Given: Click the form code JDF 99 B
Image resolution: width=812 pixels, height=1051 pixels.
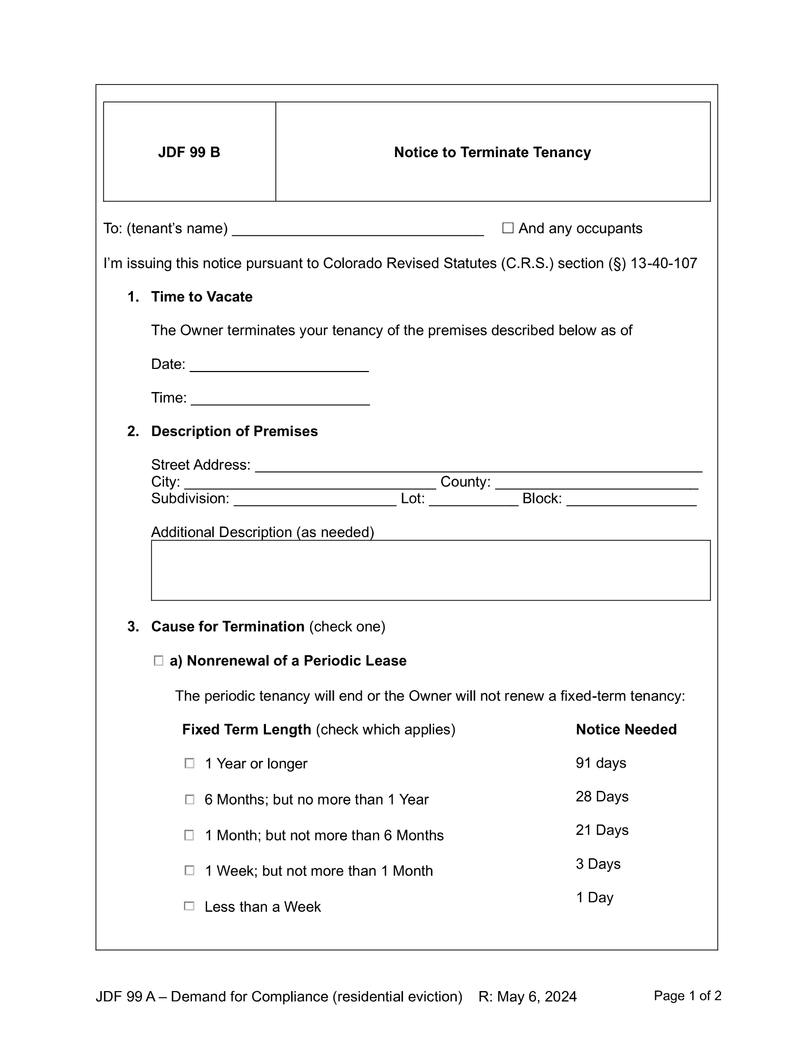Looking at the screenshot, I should (189, 152).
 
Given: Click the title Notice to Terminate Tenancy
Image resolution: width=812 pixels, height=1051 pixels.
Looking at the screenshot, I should (492, 152).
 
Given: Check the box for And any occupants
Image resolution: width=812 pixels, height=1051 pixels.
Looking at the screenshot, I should (507, 228).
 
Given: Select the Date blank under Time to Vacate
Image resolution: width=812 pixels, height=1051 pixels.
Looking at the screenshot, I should (279, 366).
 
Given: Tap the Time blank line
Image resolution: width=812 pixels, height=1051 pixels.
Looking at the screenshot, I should (280, 400).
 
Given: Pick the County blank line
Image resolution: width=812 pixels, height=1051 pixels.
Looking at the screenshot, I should (596, 484).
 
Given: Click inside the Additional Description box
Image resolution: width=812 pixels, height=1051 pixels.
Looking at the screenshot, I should (430, 570).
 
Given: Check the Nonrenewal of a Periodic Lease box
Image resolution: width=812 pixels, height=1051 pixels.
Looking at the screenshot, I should (158, 661).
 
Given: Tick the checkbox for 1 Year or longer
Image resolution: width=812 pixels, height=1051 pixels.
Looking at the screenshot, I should (189, 764).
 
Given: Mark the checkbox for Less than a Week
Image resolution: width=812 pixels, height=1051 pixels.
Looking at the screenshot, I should (189, 906).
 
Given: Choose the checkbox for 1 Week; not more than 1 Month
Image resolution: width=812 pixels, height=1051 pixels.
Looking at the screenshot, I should (189, 871).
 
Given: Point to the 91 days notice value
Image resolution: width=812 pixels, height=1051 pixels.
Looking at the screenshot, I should (601, 763).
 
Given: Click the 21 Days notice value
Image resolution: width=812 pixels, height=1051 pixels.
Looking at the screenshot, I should (602, 830).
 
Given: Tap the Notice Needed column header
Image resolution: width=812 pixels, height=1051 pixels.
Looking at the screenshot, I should (626, 729).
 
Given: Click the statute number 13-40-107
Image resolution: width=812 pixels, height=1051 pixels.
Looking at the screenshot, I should (663, 263).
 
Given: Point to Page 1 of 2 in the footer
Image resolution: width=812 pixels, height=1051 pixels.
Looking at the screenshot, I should (687, 996).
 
